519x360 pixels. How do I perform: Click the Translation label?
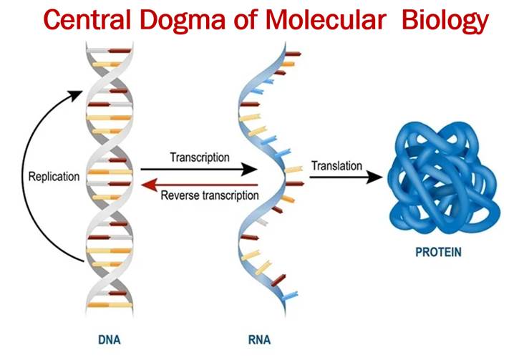click(x=336, y=165)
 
